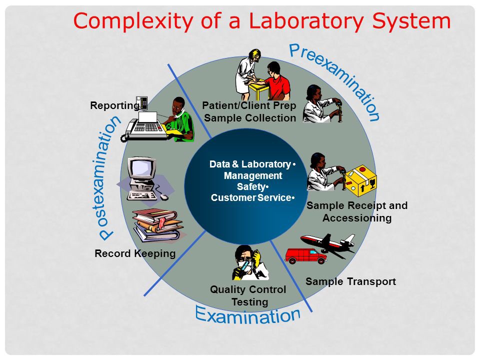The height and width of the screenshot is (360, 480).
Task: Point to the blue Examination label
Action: pyautogui.click(x=248, y=313)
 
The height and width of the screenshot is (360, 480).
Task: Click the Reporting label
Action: pyautogui.click(x=114, y=105)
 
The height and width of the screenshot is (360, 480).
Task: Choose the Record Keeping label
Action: pyautogui.click(x=135, y=253)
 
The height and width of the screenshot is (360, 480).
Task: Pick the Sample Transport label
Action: pyautogui.click(x=350, y=281)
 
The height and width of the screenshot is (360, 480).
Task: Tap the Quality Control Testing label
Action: pyautogui.click(x=248, y=296)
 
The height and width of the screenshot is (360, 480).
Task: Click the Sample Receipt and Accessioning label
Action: pyautogui.click(x=357, y=211)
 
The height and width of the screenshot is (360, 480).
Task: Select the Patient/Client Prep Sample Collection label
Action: pyautogui.click(x=249, y=112)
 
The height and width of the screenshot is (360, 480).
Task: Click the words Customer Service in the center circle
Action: pyautogui.click(x=251, y=198)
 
